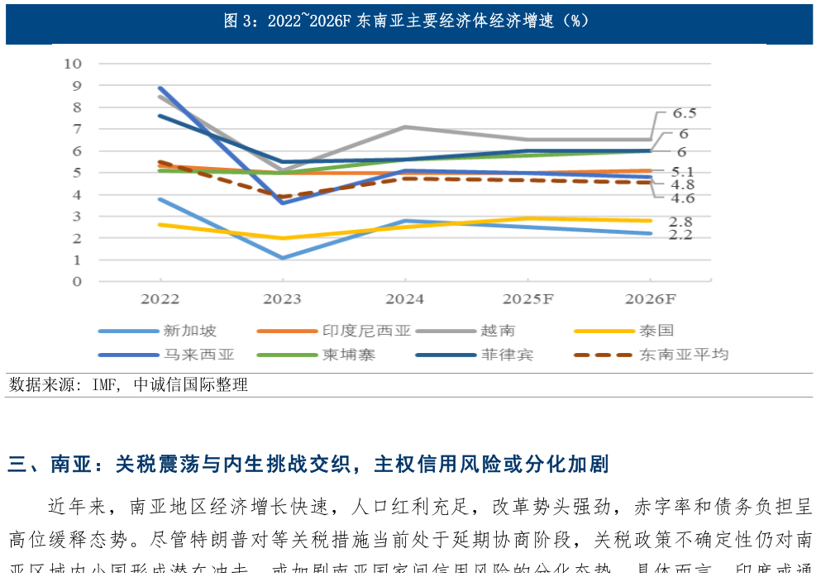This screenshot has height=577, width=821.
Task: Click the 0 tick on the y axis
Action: [x=77, y=282]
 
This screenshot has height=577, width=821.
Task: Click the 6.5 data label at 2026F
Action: [x=684, y=113]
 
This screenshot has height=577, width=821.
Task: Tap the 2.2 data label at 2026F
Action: [x=680, y=236]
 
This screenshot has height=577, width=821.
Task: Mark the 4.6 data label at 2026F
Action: [x=683, y=198]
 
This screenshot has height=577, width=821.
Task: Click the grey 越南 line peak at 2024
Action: [x=404, y=126]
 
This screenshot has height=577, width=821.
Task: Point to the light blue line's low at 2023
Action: [x=283, y=258]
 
